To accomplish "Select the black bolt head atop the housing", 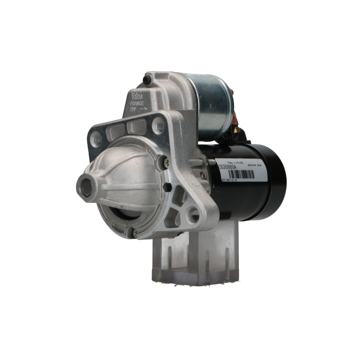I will pos(145,80).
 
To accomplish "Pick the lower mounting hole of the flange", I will pos(194,211).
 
